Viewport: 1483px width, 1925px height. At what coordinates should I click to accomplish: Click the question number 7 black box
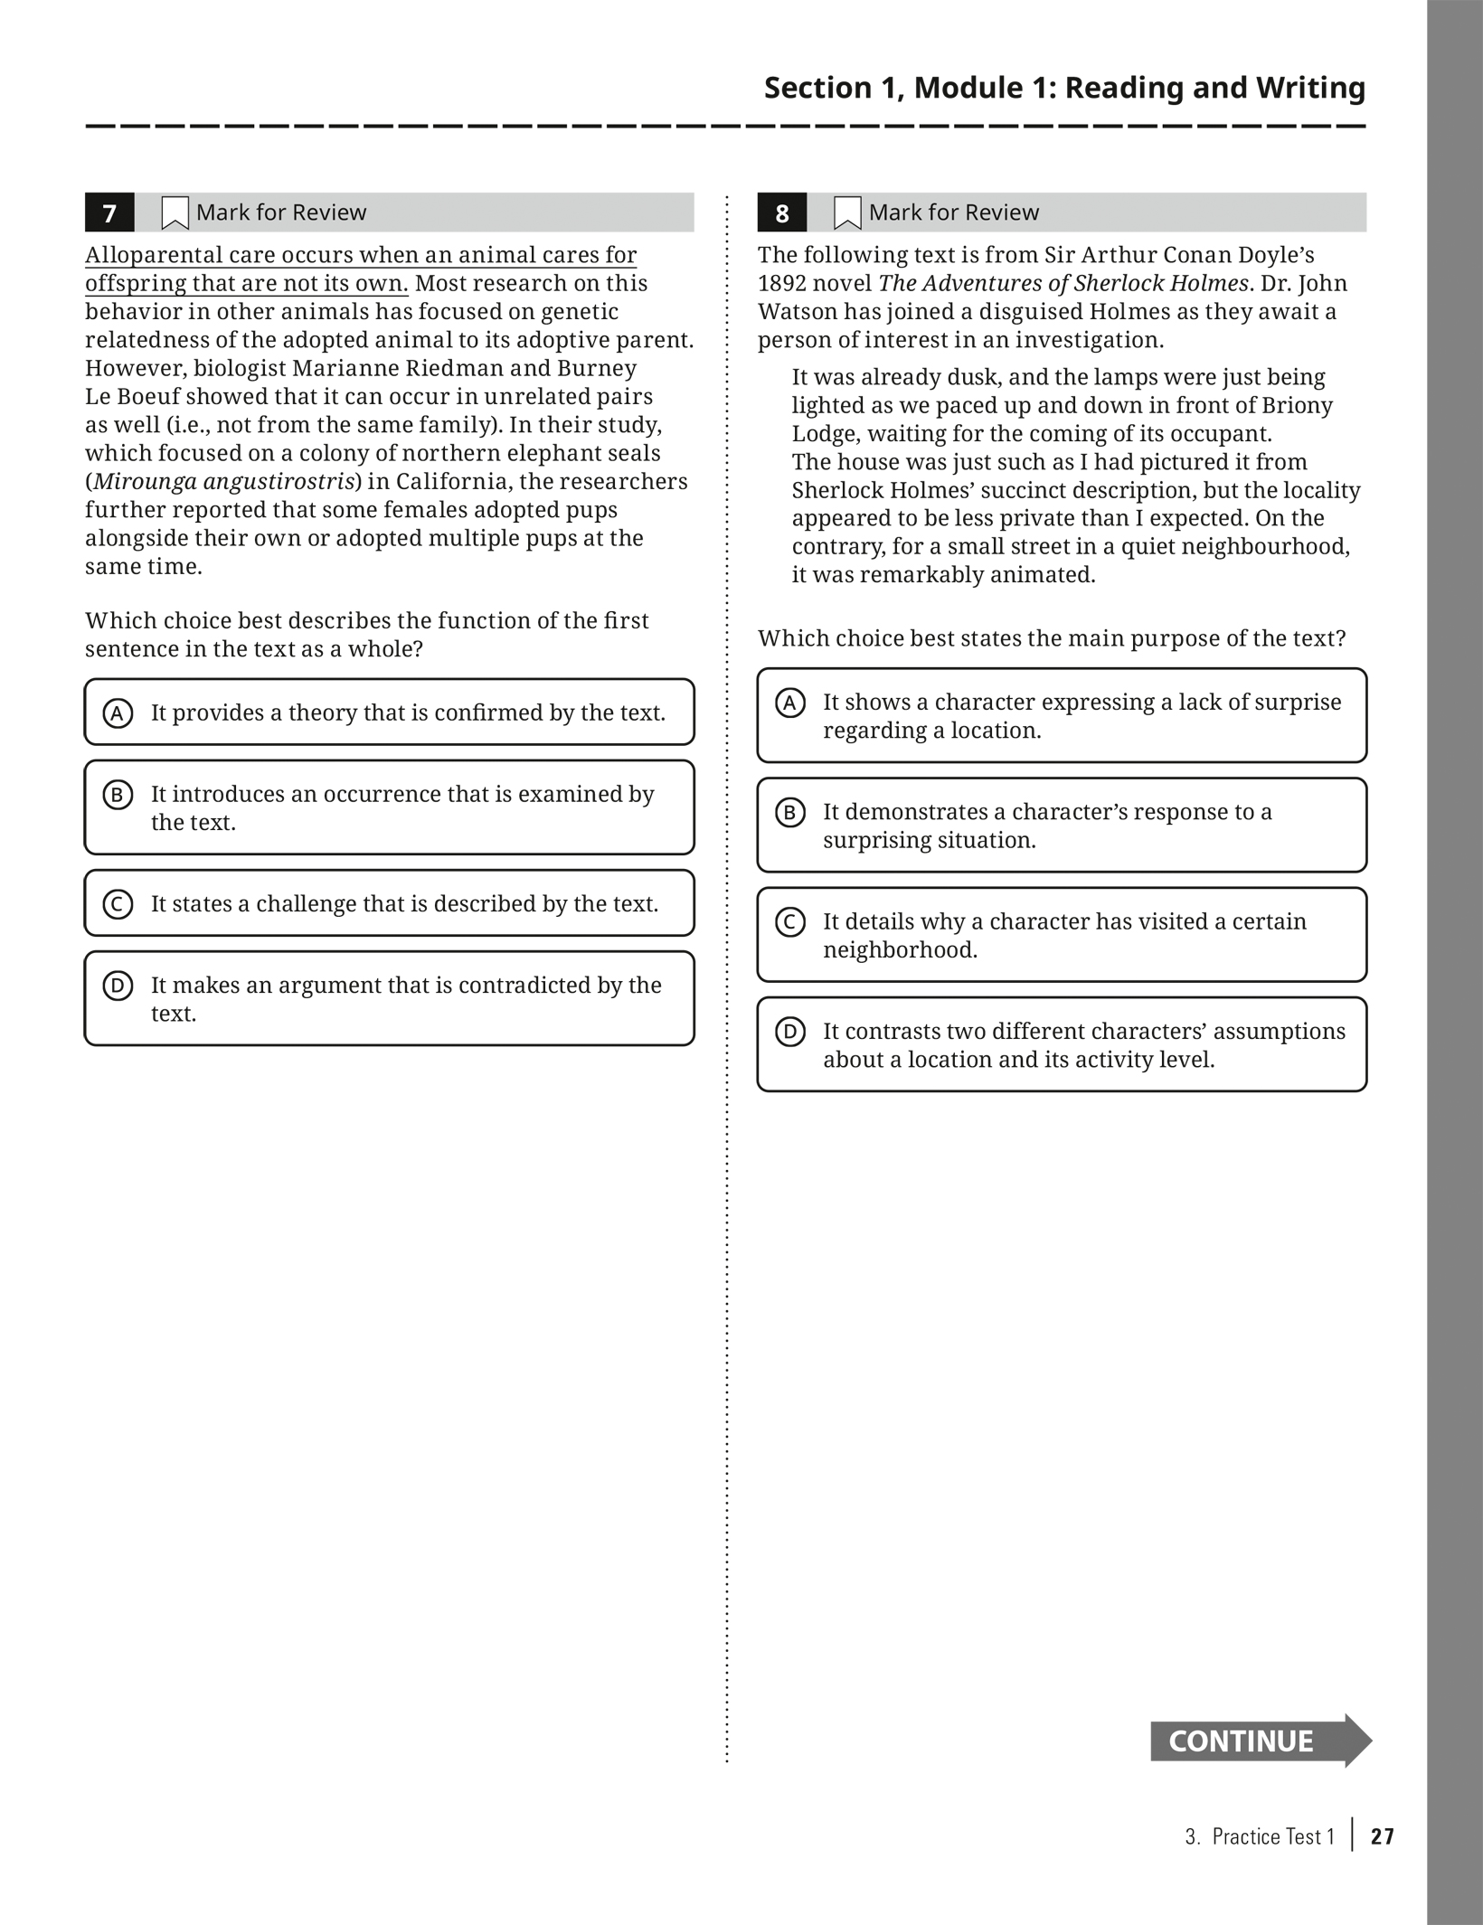pyautogui.click(x=109, y=212)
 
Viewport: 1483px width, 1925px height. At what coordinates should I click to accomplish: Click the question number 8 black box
pyautogui.click(x=781, y=212)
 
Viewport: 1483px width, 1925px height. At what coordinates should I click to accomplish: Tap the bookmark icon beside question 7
pyautogui.click(x=174, y=213)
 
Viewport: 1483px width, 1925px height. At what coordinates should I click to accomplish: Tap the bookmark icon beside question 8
pyautogui.click(x=846, y=213)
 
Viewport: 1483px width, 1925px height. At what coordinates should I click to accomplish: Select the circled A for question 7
pyautogui.click(x=118, y=713)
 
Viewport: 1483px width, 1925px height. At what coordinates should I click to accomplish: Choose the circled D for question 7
pyautogui.click(x=118, y=986)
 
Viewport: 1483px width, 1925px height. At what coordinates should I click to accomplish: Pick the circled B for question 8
pyautogui.click(x=789, y=812)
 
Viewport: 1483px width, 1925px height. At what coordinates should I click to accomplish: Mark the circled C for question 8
pyautogui.click(x=789, y=921)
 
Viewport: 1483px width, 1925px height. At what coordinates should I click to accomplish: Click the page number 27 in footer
pyautogui.click(x=1382, y=1836)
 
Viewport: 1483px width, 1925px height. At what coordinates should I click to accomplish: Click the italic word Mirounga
pyautogui.click(x=145, y=481)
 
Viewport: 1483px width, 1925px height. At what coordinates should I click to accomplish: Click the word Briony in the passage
pyautogui.click(x=1297, y=405)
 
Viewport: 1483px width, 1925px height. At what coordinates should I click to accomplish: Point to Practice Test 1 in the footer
pyautogui.click(x=1273, y=1836)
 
